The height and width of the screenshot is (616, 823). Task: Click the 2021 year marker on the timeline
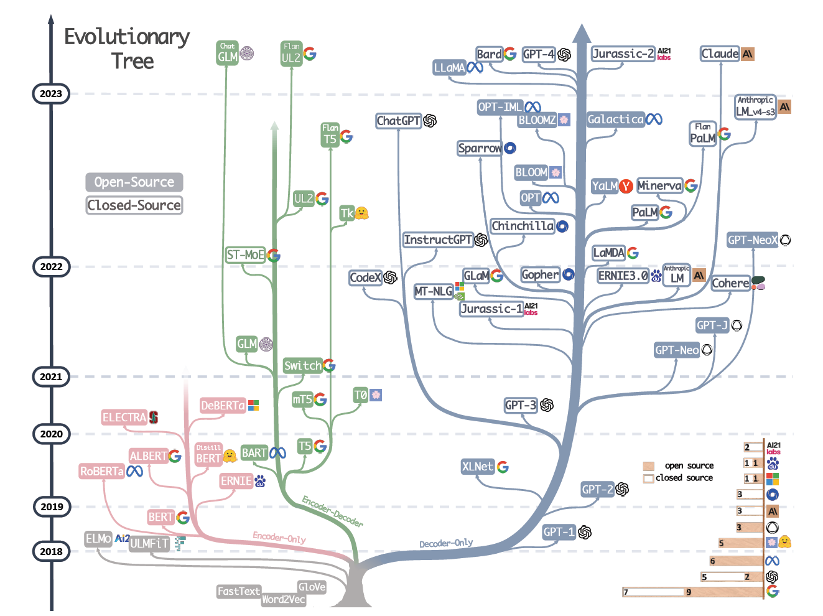[51, 376]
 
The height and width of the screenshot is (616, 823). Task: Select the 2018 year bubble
[51, 551]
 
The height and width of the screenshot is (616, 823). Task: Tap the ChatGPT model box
[399, 121]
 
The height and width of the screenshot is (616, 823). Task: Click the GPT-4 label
[539, 54]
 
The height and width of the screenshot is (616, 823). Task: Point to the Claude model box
[720, 54]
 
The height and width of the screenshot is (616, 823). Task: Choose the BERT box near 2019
[161, 517]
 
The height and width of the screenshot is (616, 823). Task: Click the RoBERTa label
[101, 471]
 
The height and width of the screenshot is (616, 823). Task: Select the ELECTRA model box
[124, 418]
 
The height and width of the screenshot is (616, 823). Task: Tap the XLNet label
[477, 467]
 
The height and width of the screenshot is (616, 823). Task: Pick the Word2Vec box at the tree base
[284, 599]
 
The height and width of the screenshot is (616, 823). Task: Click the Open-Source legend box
[134, 182]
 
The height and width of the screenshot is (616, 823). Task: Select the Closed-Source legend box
[134, 205]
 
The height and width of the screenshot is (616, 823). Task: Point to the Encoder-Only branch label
[279, 537]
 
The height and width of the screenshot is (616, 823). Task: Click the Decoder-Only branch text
[446, 543]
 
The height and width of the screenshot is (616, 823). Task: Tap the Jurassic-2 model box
[623, 54]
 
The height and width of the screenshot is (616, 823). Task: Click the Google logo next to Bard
[510, 54]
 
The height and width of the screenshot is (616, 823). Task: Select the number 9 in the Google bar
[689, 592]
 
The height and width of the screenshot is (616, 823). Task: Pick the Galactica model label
[616, 119]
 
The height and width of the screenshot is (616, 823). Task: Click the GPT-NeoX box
[753, 240]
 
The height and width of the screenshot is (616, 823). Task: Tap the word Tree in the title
[133, 61]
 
